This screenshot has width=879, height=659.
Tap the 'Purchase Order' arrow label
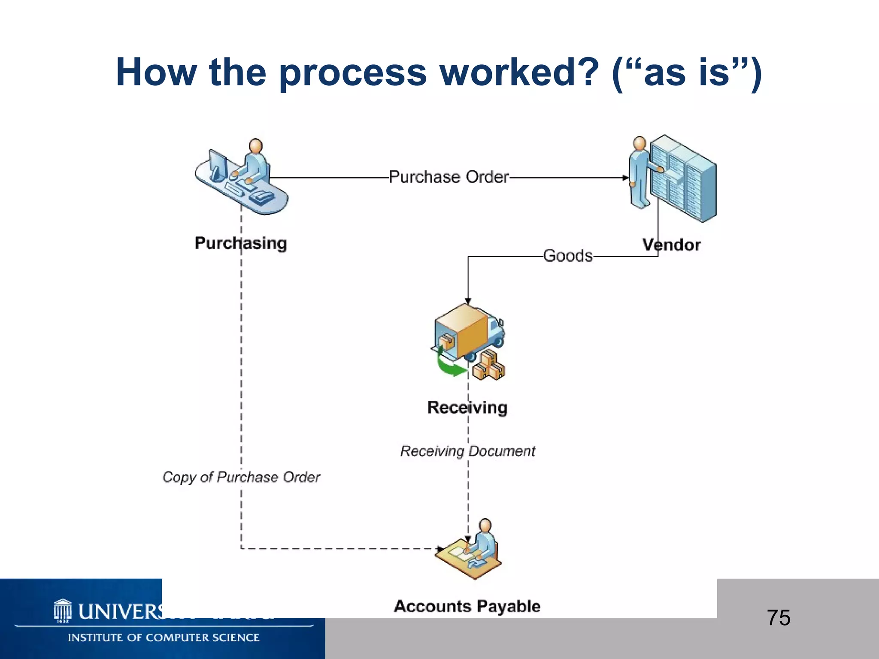pyautogui.click(x=449, y=177)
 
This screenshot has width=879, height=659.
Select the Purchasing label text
pyautogui.click(x=240, y=243)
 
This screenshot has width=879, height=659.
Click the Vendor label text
pyautogui.click(x=671, y=245)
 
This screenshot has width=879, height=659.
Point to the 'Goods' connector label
pyautogui.click(x=567, y=256)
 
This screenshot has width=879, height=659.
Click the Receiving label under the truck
pyautogui.click(x=467, y=407)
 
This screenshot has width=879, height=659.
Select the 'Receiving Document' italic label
pyautogui.click(x=467, y=451)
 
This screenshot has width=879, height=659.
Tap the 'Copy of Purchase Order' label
pyautogui.click(x=241, y=477)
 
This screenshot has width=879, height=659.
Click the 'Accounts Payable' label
pyautogui.click(x=467, y=606)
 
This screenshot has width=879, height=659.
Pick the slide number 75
pyautogui.click(x=778, y=618)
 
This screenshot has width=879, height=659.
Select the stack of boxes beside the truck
pyautogui.click(x=489, y=366)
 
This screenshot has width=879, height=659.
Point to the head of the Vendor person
pyautogui.click(x=640, y=143)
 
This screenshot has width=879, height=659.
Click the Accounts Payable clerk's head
pyautogui.click(x=485, y=526)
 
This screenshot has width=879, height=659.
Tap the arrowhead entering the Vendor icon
pyautogui.click(x=626, y=178)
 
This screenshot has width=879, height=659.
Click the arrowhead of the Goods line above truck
pyautogui.click(x=468, y=301)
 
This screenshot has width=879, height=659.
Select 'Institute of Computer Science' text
pyautogui.click(x=163, y=638)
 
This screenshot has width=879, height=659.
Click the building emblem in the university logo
pyautogui.click(x=63, y=610)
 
